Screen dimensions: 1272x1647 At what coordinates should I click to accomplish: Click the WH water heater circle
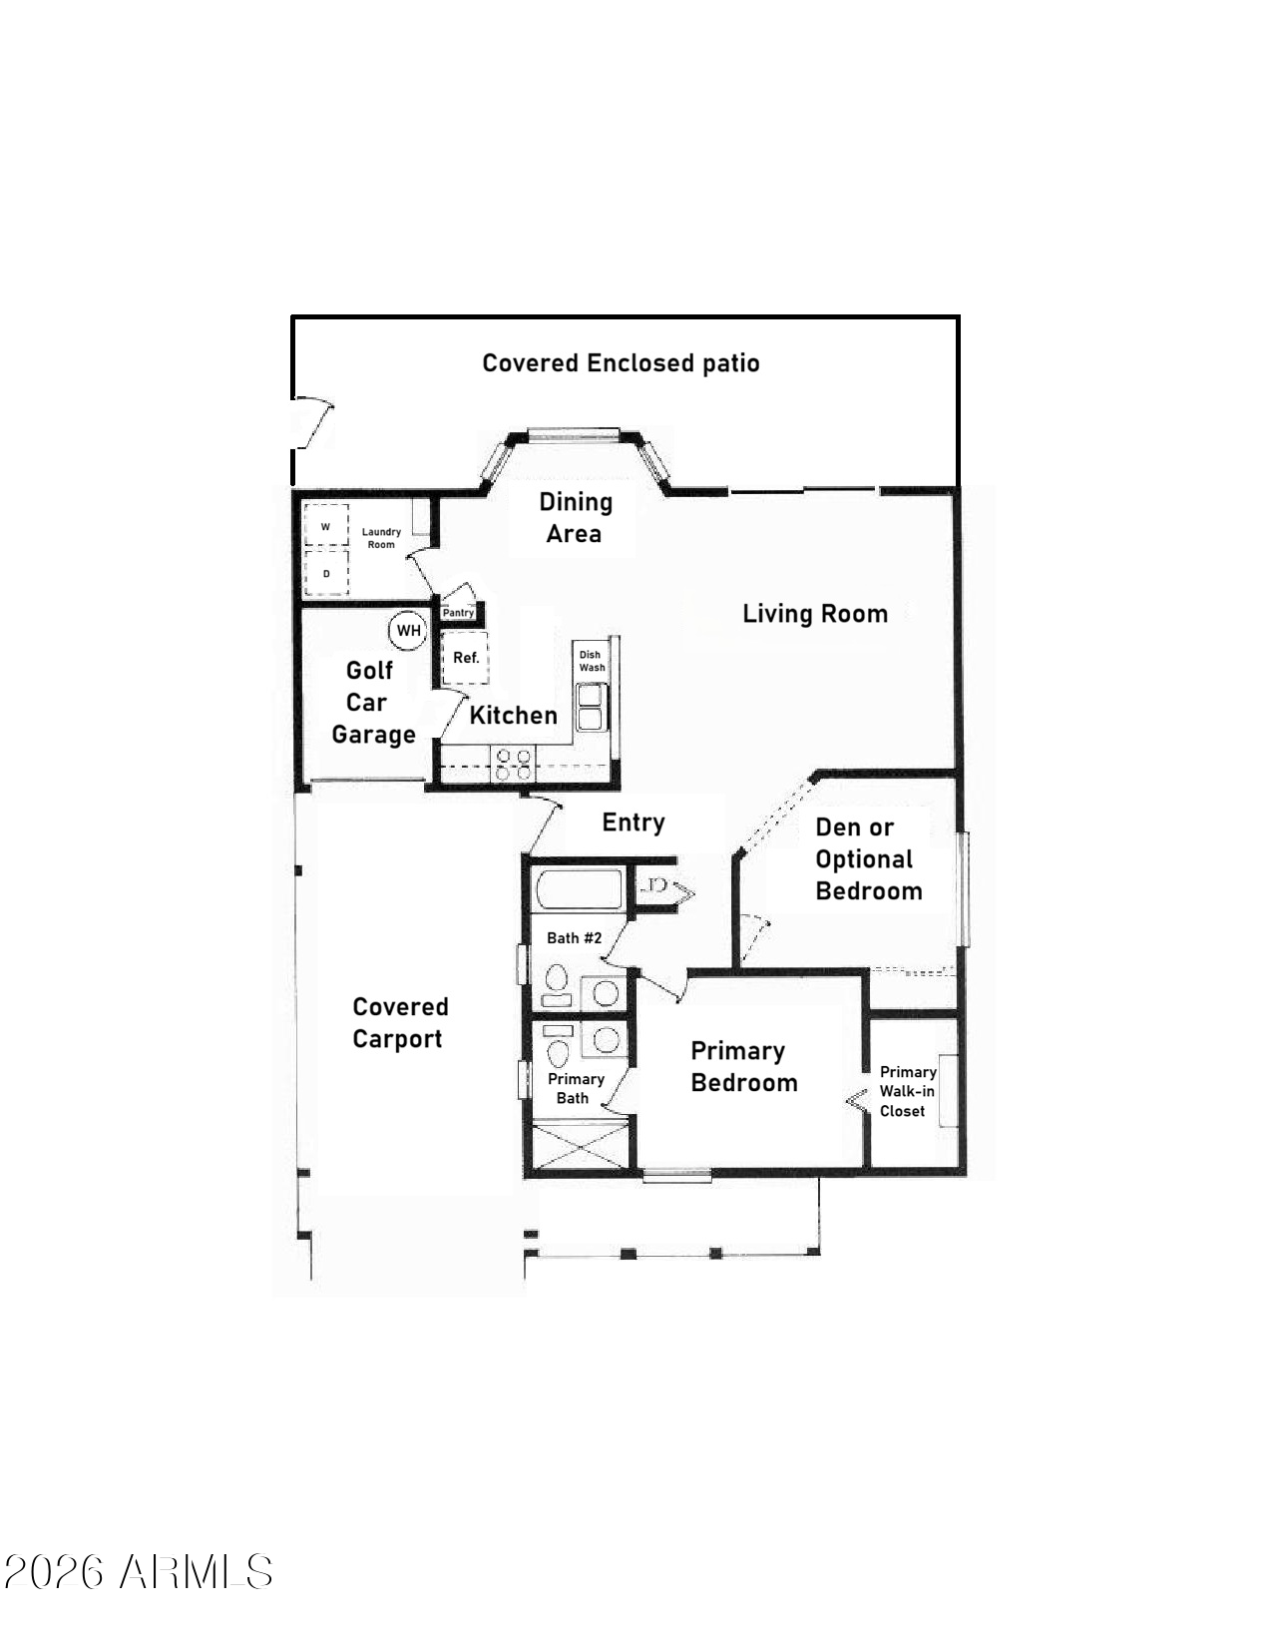point(408,630)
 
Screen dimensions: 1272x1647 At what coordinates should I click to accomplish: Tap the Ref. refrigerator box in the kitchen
point(465,658)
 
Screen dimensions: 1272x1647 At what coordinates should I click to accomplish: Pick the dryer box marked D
point(326,573)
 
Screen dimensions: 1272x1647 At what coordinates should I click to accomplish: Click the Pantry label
point(458,613)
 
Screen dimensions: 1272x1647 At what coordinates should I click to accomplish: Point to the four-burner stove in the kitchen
point(513,764)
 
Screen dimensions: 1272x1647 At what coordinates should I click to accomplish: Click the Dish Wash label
point(592,661)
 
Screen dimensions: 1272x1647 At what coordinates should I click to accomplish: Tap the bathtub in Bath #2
point(579,889)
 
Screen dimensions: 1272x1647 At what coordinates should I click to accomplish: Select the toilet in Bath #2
point(557,984)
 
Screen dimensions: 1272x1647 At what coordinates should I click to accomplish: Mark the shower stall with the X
point(581,1147)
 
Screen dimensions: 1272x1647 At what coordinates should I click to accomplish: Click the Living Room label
point(814,614)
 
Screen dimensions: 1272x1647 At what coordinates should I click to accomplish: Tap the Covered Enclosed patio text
point(621,363)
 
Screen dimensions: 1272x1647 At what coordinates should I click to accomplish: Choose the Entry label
point(634,823)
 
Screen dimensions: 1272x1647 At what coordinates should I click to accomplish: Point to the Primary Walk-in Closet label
point(907,1091)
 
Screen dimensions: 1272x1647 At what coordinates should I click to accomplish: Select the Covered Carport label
point(400,1022)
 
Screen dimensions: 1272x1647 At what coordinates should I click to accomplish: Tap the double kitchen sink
point(590,707)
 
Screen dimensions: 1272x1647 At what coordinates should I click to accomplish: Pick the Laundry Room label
point(381,538)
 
